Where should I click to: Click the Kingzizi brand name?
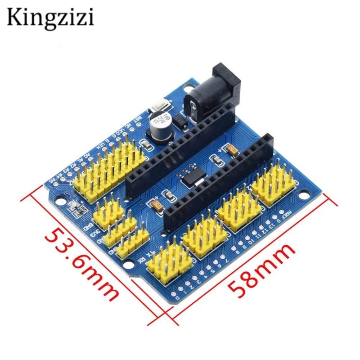[50, 17]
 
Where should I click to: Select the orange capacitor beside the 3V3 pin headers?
[158, 205]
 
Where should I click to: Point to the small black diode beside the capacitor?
[179, 120]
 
